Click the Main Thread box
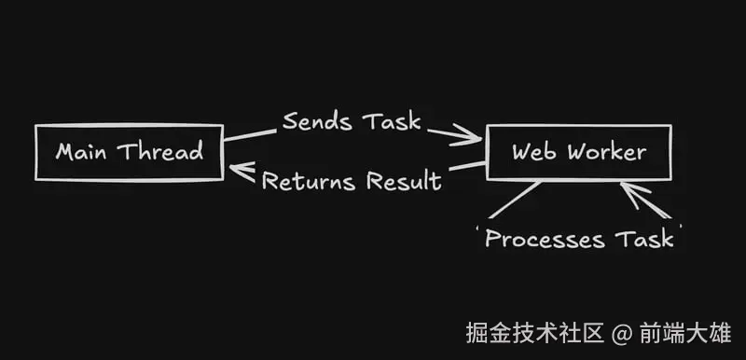click(129, 151)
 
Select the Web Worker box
click(579, 151)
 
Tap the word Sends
click(317, 121)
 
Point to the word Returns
click(309, 181)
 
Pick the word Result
click(403, 181)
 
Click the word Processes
click(545, 239)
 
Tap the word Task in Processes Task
click(644, 239)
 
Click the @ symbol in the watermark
click(622, 332)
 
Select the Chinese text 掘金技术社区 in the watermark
click(535, 332)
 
